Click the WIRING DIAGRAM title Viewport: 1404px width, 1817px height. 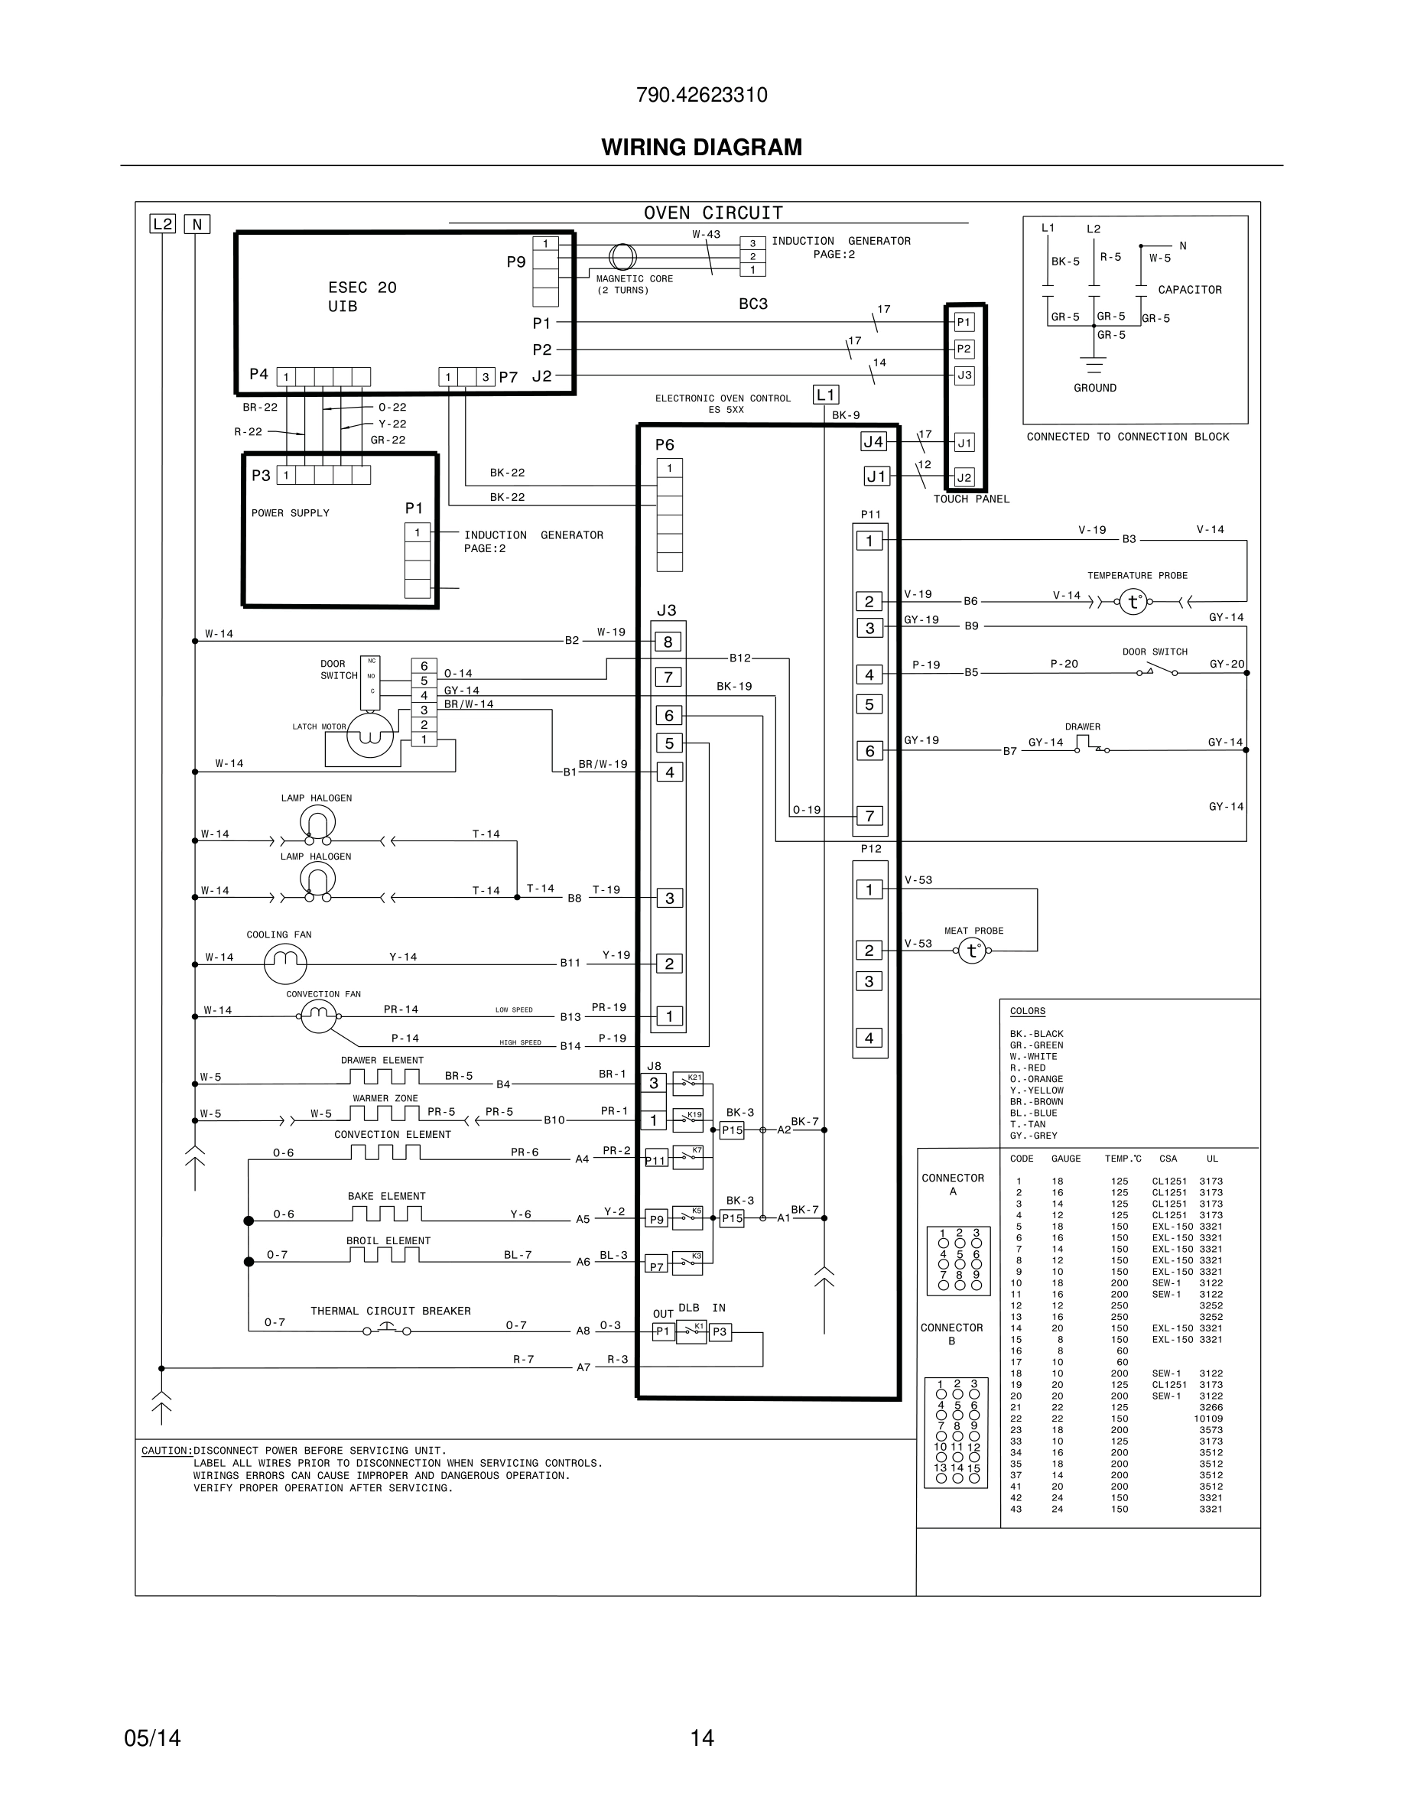[x=701, y=148]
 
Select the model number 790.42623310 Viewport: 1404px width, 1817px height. [x=701, y=95]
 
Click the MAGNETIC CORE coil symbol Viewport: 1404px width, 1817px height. [x=622, y=257]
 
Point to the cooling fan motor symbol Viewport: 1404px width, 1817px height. [x=285, y=964]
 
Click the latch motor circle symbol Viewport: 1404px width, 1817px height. [x=369, y=735]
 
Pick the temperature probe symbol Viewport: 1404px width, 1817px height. [x=1133, y=602]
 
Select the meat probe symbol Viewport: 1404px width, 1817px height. [x=971, y=950]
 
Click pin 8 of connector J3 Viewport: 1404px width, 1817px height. [x=668, y=642]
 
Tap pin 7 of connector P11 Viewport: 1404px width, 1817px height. [x=869, y=816]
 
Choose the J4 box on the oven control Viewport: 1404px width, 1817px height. [x=873, y=442]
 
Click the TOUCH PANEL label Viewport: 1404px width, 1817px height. [x=970, y=499]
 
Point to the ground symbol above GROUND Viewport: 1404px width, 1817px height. [x=1094, y=366]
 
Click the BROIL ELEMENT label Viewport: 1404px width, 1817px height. [x=388, y=1240]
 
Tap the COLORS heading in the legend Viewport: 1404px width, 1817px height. [x=1027, y=1011]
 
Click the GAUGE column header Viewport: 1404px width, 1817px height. [x=1065, y=1158]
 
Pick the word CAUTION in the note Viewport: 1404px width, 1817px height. [x=165, y=1450]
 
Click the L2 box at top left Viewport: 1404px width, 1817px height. [x=162, y=224]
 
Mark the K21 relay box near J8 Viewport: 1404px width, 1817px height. [x=687, y=1083]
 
